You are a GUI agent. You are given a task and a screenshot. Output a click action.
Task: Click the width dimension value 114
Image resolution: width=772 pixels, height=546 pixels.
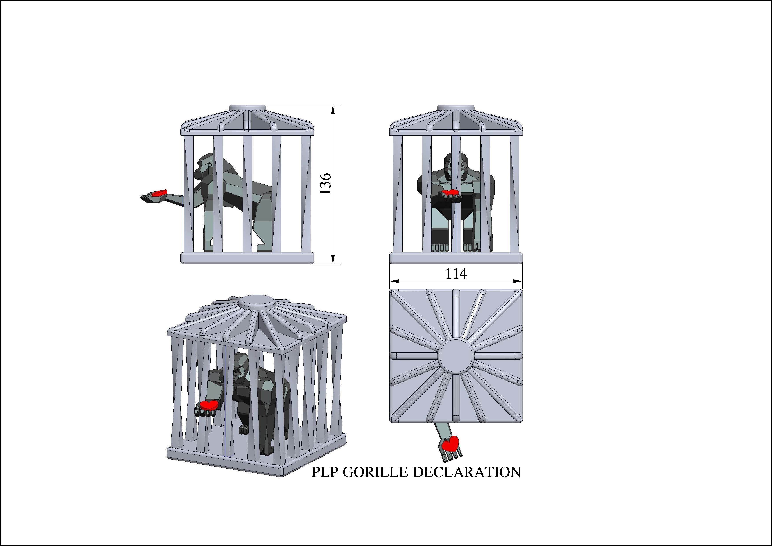point(456,274)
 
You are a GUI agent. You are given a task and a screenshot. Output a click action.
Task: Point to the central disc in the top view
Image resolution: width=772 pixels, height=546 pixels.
point(456,356)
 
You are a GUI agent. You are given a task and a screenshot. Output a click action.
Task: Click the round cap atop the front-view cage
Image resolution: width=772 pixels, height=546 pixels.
point(456,108)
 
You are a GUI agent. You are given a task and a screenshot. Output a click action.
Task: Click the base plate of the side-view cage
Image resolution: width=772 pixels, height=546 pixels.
point(248,258)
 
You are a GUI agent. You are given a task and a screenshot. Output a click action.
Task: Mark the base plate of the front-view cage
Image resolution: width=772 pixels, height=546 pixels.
point(456,258)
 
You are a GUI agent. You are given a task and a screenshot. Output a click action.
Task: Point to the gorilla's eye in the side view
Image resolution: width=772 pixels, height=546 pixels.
point(210,165)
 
